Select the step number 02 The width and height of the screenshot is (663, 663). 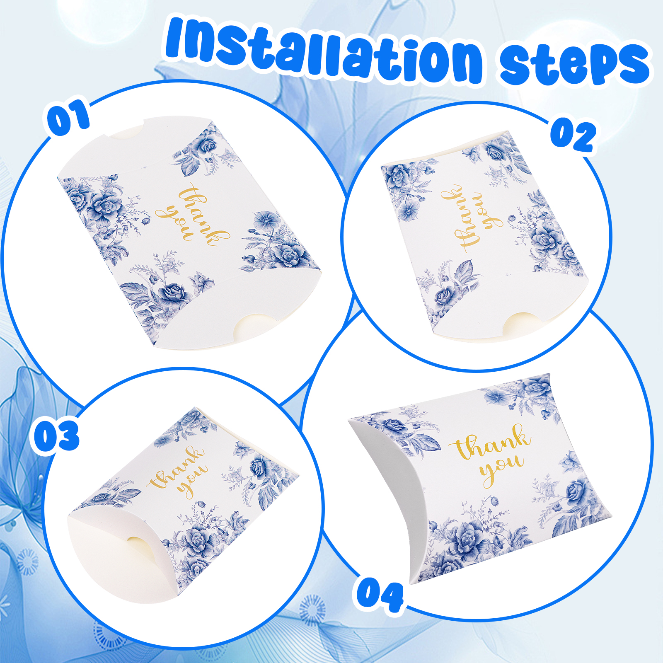coord(573,136)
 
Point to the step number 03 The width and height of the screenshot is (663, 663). coord(56,436)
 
